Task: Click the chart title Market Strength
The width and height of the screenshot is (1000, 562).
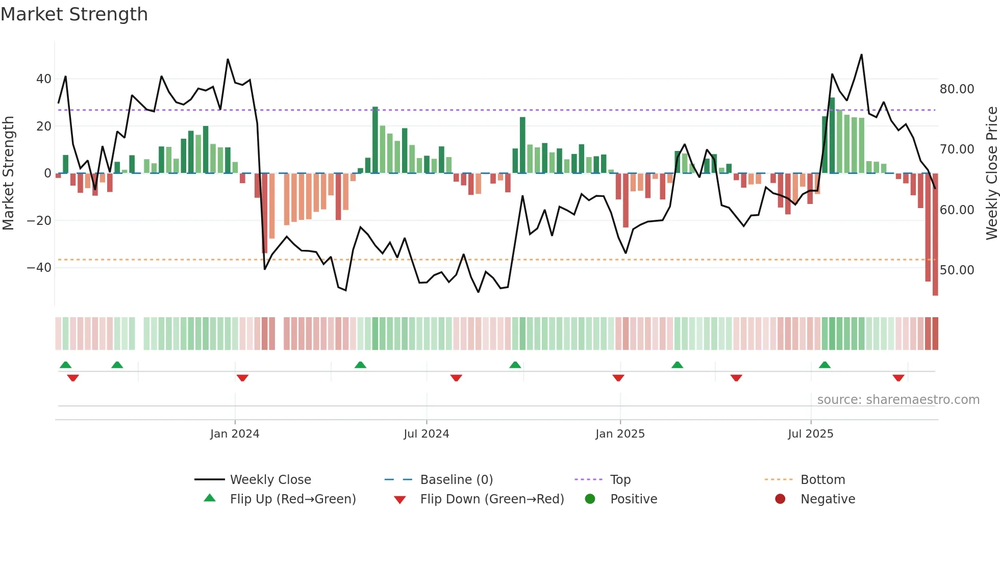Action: tap(74, 14)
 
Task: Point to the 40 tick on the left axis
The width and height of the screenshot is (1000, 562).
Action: tap(43, 79)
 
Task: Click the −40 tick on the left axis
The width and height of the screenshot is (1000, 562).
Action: tap(39, 268)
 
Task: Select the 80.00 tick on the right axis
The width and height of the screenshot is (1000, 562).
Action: tap(957, 89)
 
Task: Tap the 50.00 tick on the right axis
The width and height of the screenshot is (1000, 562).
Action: tap(957, 270)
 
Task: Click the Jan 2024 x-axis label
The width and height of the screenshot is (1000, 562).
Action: tap(235, 434)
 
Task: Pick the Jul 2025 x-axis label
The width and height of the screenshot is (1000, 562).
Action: tap(810, 434)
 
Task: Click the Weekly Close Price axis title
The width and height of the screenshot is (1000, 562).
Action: tap(991, 173)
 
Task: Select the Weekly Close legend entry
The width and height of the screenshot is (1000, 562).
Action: tap(270, 480)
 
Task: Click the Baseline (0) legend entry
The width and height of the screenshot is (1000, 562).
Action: tap(456, 480)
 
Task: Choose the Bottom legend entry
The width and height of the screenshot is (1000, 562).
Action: tap(822, 480)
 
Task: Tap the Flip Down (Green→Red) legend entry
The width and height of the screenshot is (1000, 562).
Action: tap(492, 499)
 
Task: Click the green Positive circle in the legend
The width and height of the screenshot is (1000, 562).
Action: tap(590, 499)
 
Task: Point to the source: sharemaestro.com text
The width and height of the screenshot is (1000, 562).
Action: tap(898, 400)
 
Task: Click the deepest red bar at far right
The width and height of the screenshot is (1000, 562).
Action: tap(935, 235)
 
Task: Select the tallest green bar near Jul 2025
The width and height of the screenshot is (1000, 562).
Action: tap(832, 135)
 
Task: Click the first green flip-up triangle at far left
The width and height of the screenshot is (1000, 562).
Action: tap(65, 365)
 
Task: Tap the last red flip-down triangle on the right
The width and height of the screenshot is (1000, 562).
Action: tap(898, 378)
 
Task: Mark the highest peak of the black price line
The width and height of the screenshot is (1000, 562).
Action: tap(861, 55)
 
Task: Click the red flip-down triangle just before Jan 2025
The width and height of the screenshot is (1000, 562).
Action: tap(618, 378)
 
